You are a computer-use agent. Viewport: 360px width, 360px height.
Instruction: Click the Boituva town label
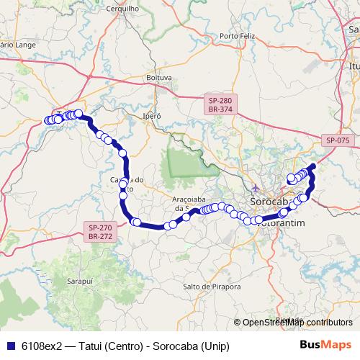(159, 76)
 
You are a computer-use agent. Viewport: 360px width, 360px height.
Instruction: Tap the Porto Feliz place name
(238, 35)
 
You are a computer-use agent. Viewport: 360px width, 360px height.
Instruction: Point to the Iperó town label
(152, 115)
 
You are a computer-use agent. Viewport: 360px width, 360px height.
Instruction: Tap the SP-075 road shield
(337, 140)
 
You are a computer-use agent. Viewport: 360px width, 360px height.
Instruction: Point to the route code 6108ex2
(40, 345)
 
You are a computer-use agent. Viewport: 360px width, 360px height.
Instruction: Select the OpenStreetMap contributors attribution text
(297, 323)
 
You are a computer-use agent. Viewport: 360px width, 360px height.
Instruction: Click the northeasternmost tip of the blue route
(313, 168)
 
